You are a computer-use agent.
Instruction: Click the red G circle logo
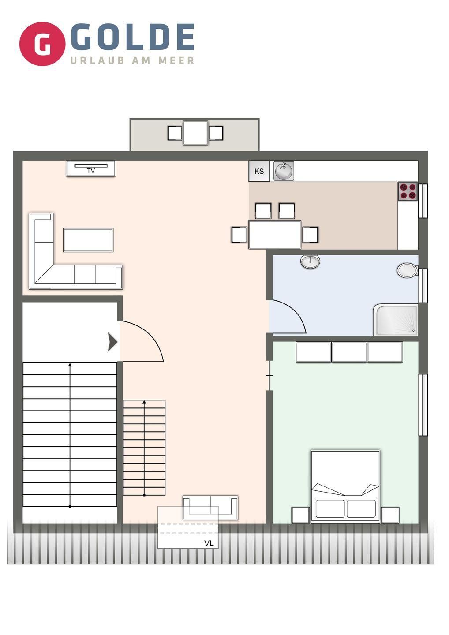(x=42, y=44)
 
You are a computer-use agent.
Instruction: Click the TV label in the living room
(x=91, y=171)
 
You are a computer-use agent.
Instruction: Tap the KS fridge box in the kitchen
(x=259, y=171)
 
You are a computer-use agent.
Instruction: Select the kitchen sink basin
(x=284, y=171)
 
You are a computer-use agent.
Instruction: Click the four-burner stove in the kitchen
(x=408, y=191)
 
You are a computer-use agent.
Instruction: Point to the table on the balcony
(x=195, y=133)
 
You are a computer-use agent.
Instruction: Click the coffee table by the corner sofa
(x=89, y=240)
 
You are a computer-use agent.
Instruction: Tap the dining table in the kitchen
(x=275, y=235)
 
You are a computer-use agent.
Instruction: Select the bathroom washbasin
(x=311, y=261)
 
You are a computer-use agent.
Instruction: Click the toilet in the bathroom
(x=407, y=270)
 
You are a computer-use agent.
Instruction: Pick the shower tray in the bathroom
(x=396, y=320)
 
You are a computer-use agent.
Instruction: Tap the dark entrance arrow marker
(x=112, y=342)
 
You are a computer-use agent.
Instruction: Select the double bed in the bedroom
(x=345, y=486)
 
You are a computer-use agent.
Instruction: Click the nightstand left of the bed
(x=300, y=515)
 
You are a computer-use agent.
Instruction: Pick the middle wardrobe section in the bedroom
(x=349, y=352)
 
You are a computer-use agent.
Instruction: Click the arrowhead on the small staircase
(x=144, y=402)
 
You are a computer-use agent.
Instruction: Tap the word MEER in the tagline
(x=176, y=60)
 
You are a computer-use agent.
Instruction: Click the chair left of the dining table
(x=239, y=235)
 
